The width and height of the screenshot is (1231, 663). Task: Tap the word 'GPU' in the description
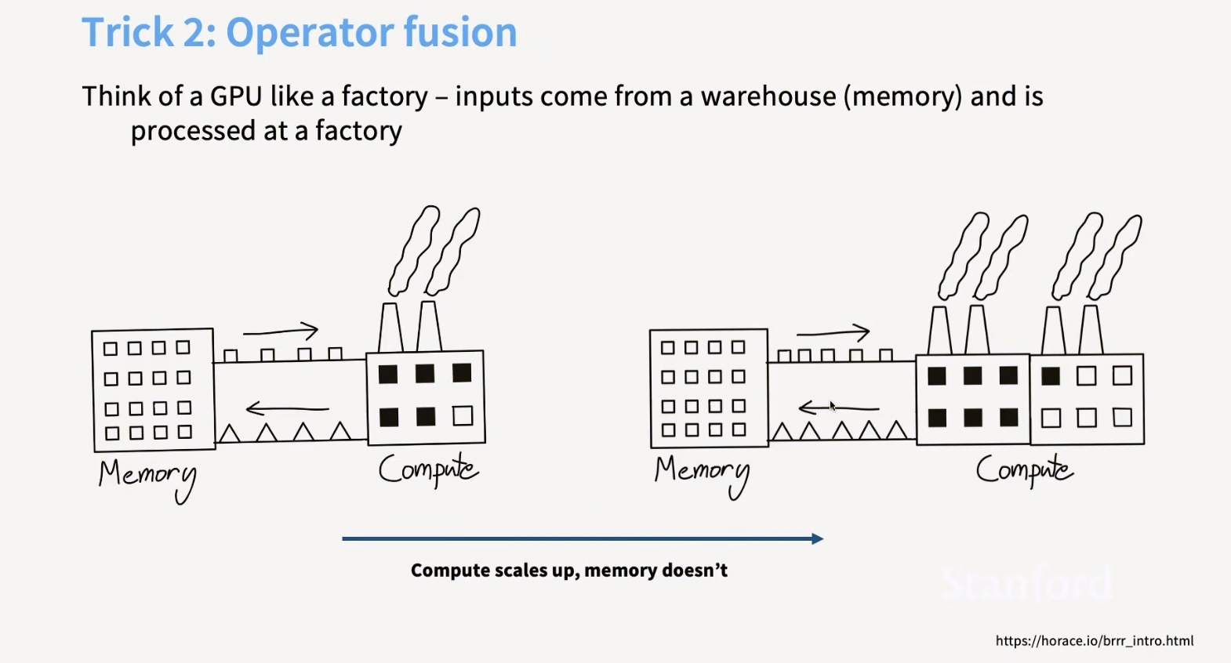[236, 96]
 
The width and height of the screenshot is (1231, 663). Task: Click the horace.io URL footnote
[1094, 640]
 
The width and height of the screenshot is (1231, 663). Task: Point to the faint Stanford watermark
[1026, 583]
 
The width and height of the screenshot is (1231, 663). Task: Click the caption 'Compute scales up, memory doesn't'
[568, 571]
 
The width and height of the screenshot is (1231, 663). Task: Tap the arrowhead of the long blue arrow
[818, 539]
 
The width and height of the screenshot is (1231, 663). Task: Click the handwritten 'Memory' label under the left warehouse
[147, 479]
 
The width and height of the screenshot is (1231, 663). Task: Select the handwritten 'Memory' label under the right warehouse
[702, 476]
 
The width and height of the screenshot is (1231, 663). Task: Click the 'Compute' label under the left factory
[429, 470]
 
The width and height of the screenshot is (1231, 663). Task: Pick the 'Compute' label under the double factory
[1024, 470]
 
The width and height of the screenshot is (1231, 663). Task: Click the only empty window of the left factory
[463, 416]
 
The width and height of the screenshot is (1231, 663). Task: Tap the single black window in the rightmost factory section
[1051, 376]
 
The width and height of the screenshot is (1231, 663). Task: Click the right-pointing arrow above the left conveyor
[280, 331]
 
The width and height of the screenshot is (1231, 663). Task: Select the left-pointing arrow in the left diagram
[288, 408]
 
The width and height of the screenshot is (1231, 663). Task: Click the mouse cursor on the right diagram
[833, 406]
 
